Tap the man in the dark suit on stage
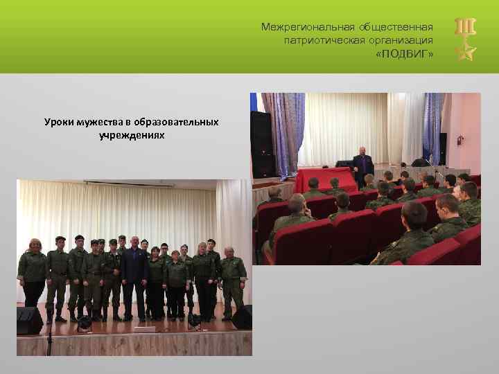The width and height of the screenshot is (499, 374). (134, 277)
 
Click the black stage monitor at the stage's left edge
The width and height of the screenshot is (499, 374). (30, 320)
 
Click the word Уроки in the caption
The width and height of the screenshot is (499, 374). (57, 122)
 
